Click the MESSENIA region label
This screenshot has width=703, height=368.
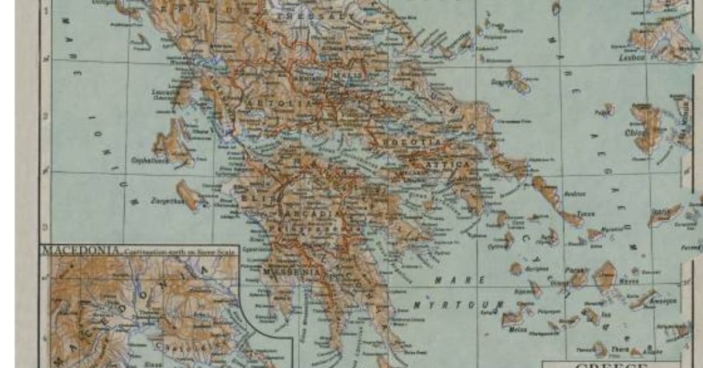point(292,272)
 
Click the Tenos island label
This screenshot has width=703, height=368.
point(585,214)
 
